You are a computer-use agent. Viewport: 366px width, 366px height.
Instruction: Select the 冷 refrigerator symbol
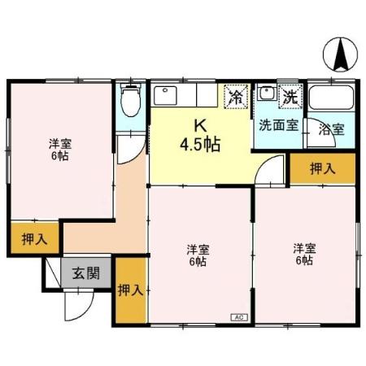237,97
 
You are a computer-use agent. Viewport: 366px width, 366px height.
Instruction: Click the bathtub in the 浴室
331,99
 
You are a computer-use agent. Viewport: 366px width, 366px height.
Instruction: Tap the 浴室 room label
331,129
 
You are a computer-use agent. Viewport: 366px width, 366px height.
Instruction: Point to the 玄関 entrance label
85,273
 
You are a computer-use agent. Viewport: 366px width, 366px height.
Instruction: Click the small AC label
239,316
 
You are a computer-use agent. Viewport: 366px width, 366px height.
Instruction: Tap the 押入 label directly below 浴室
323,168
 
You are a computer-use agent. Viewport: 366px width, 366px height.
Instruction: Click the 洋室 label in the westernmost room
58,143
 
